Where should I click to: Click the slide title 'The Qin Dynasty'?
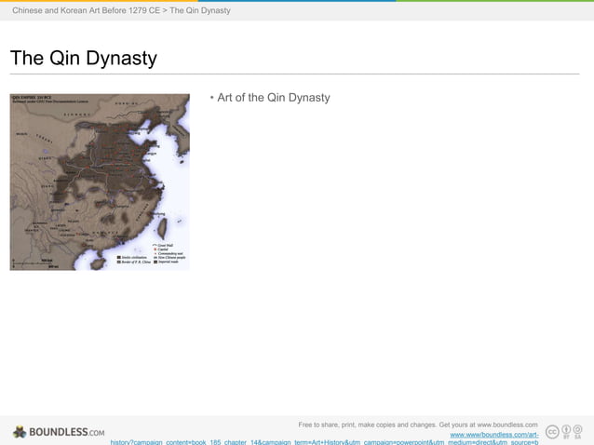coord(83,59)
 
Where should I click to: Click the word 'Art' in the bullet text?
coord(226,98)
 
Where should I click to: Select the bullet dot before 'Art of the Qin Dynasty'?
coord(212,98)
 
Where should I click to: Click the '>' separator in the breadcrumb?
coord(165,10)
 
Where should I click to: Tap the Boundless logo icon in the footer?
coord(20,432)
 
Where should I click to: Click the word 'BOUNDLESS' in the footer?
coord(58,432)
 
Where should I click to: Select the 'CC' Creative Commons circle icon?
coord(552,431)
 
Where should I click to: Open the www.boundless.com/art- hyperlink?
coord(493,435)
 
